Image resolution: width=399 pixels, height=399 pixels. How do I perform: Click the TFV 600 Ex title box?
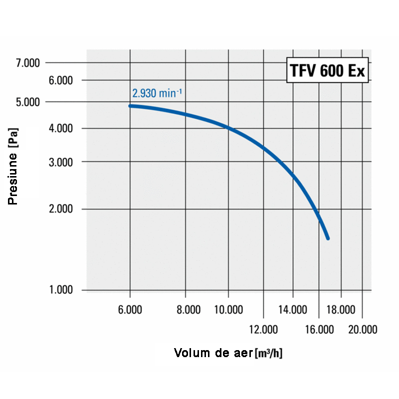(x=327, y=71)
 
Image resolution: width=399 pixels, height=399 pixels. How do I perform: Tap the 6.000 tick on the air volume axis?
(x=130, y=310)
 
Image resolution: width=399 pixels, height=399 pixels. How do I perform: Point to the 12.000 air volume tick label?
(x=263, y=329)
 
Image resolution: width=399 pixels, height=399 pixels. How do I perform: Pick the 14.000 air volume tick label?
(x=292, y=310)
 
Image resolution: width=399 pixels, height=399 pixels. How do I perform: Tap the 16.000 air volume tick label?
(x=319, y=329)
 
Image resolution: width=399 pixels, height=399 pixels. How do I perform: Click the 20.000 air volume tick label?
(x=362, y=329)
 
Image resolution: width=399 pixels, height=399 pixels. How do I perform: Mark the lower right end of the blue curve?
(x=328, y=238)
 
